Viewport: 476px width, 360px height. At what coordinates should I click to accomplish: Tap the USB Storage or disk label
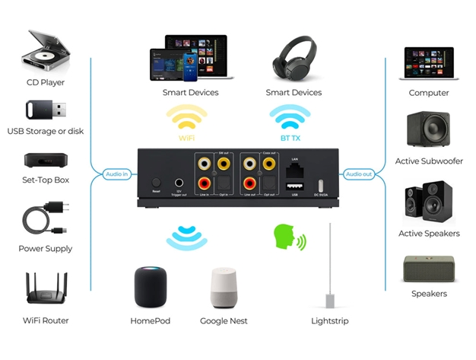[46, 131]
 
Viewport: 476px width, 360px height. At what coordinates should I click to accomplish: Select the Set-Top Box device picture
[46, 160]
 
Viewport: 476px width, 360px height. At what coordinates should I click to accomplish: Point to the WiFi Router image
[46, 288]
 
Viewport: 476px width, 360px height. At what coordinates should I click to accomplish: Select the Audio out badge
[359, 174]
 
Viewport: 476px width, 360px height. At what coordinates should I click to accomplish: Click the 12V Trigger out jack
[179, 183]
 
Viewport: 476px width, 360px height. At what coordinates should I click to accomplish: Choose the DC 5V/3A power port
[321, 185]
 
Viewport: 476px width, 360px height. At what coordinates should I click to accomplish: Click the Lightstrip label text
[330, 321]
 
